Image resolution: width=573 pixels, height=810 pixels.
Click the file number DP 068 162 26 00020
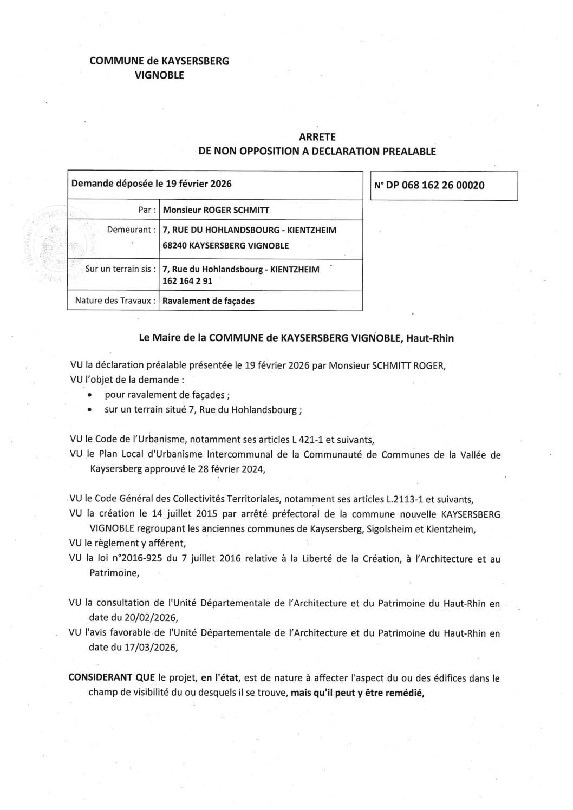434,185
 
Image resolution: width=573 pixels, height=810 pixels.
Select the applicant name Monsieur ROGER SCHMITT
216,210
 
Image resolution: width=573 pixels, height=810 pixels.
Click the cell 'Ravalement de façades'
209,301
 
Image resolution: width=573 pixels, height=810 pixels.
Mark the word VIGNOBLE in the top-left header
159,75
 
